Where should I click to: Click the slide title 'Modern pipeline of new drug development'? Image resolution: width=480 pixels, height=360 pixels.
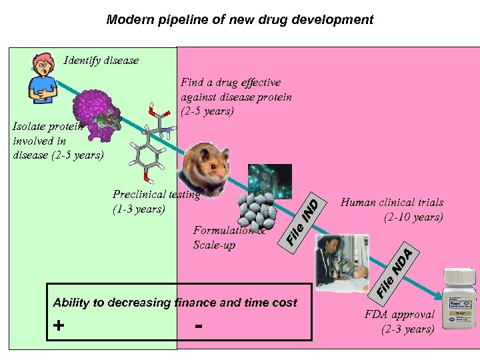point(240,20)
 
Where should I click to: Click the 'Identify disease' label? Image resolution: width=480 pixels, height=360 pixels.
point(101,61)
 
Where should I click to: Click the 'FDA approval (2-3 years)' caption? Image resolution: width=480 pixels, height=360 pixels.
point(399,321)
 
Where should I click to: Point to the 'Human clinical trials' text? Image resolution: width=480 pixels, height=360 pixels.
point(392,203)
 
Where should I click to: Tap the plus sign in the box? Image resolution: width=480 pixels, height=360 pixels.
point(60,326)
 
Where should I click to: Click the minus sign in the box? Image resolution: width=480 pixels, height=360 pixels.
point(199,326)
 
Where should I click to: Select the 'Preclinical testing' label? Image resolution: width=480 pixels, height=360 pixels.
point(156,195)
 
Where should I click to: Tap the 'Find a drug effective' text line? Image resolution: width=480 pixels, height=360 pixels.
point(231,83)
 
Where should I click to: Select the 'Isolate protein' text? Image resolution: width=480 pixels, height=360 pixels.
point(47,127)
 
